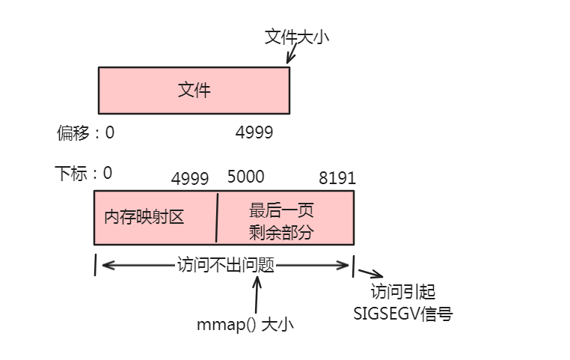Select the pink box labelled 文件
[x=194, y=91]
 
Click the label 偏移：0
[x=85, y=133]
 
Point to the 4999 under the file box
[x=254, y=133]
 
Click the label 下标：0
[x=84, y=173]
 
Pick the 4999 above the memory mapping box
[x=190, y=178]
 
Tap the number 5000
[x=245, y=177]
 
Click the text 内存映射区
[x=144, y=217]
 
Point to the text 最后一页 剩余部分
[x=281, y=221]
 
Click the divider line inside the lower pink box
[x=217, y=217]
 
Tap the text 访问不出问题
[x=225, y=265]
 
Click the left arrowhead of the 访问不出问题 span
[x=105, y=265]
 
